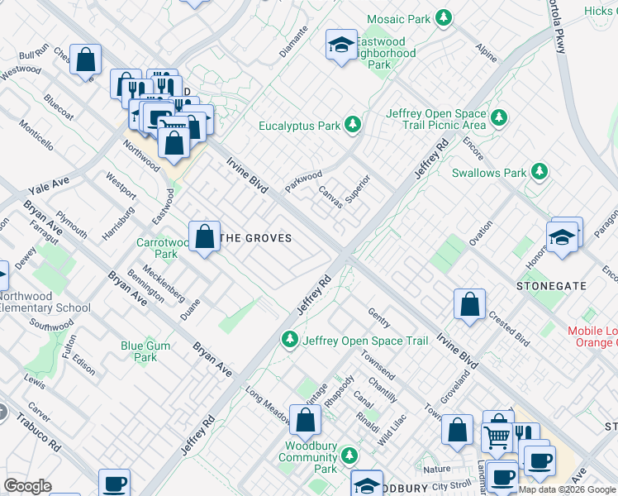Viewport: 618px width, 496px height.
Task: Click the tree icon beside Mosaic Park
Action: tap(444, 17)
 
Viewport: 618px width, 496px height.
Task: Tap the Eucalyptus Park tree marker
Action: tap(354, 126)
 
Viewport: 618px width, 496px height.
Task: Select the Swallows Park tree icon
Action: tap(540, 172)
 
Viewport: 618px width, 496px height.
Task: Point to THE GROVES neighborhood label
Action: tap(258, 238)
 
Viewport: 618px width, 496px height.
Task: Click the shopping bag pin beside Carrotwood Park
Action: tap(204, 236)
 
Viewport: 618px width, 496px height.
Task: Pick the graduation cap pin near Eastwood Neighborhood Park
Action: tap(340, 45)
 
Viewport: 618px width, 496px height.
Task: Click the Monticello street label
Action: tap(37, 135)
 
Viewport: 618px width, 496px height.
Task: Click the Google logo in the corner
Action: tap(27, 486)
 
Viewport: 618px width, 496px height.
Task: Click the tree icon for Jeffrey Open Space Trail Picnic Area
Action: tap(497, 119)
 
